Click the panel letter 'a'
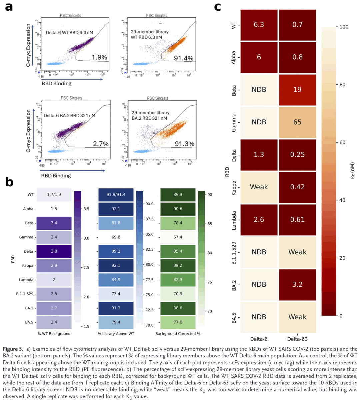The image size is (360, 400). [9, 7]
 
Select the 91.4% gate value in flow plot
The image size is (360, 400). [183, 58]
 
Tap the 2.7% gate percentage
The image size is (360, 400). [101, 144]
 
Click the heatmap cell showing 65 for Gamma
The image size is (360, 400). [297, 122]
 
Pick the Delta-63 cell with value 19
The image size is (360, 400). [297, 89]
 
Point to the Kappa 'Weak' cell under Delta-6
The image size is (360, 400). [259, 187]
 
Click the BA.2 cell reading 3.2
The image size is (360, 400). [297, 284]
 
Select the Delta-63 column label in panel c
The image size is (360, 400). [297, 339]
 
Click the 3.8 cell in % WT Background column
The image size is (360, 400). [54, 251]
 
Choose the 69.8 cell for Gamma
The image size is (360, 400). [116, 237]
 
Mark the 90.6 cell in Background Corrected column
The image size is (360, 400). [178, 209]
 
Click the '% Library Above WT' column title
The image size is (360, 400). [116, 334]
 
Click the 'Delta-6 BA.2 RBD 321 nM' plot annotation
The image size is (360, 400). [69, 116]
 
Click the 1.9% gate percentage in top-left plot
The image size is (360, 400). [99, 57]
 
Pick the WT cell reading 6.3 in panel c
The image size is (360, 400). [259, 24]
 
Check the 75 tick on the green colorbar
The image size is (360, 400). [210, 282]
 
